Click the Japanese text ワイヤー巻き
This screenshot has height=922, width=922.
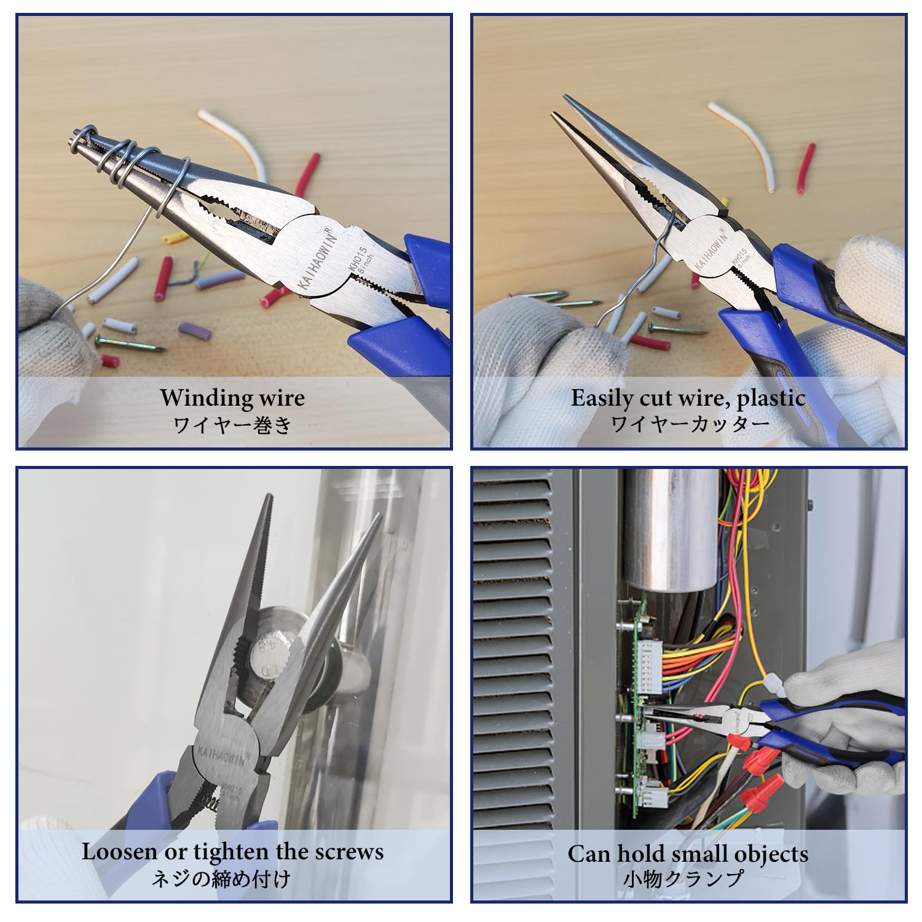(233, 425)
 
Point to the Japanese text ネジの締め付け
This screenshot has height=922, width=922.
(221, 878)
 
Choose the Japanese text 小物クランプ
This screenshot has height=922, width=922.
(683, 879)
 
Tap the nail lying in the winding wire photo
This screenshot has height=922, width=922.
(130, 342)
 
